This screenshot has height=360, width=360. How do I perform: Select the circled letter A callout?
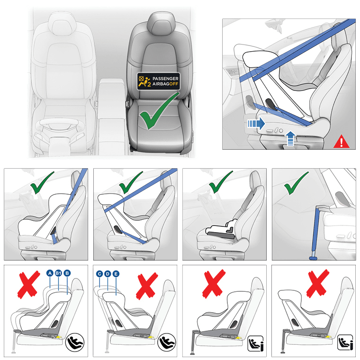tap(50, 273)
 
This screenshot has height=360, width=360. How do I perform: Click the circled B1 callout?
tap(59, 273)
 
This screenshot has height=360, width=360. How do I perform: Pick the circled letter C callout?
tap(99, 273)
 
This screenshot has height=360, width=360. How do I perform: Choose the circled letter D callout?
tap(108, 273)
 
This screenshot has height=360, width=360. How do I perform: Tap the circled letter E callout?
tap(117, 273)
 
